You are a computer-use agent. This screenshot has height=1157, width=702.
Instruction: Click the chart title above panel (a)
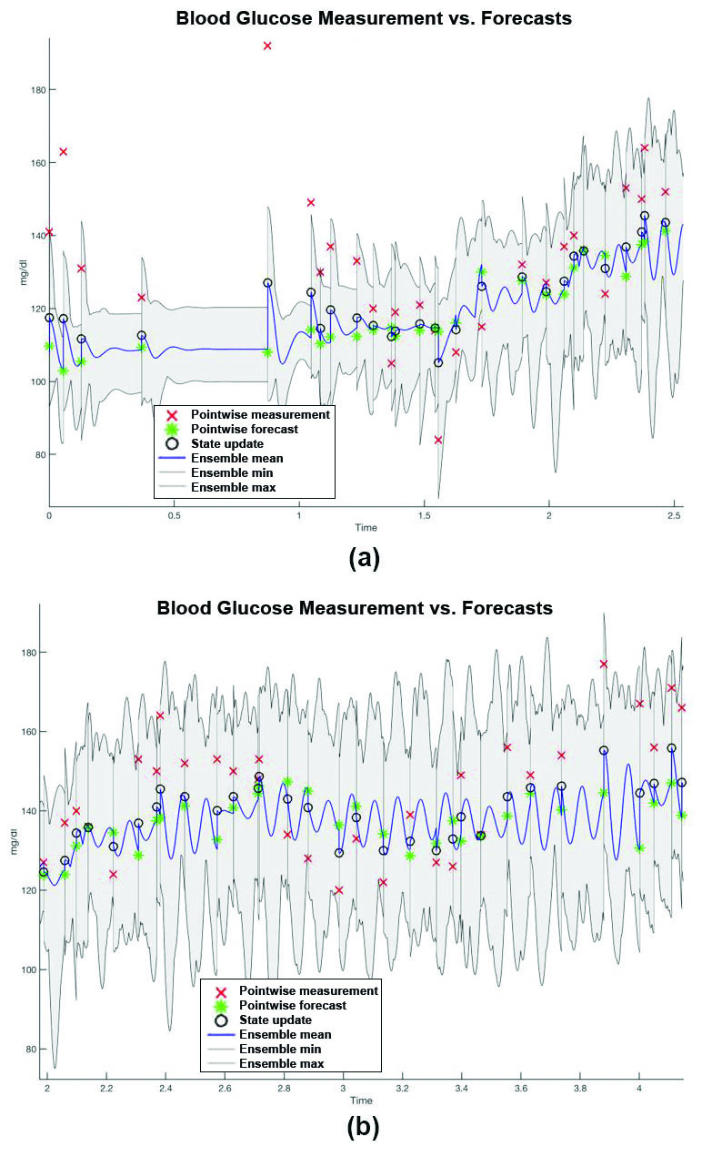pos(374,18)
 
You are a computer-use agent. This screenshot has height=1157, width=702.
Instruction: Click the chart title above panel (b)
pos(354,607)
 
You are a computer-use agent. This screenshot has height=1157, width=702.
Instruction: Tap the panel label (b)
pos(364,1128)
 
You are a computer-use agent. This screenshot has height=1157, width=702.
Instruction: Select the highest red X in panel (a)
pos(267,46)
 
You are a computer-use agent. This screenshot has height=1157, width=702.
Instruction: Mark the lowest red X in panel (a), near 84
pos(438,440)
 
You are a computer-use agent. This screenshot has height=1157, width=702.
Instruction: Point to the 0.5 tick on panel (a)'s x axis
pos(174,515)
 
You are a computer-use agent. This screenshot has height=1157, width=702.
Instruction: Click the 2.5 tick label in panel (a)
pos(673,515)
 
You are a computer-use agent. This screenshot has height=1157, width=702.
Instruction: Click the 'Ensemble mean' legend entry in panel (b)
pos(285,1034)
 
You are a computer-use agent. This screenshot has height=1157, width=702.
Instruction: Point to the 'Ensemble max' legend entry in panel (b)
pos(281,1063)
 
